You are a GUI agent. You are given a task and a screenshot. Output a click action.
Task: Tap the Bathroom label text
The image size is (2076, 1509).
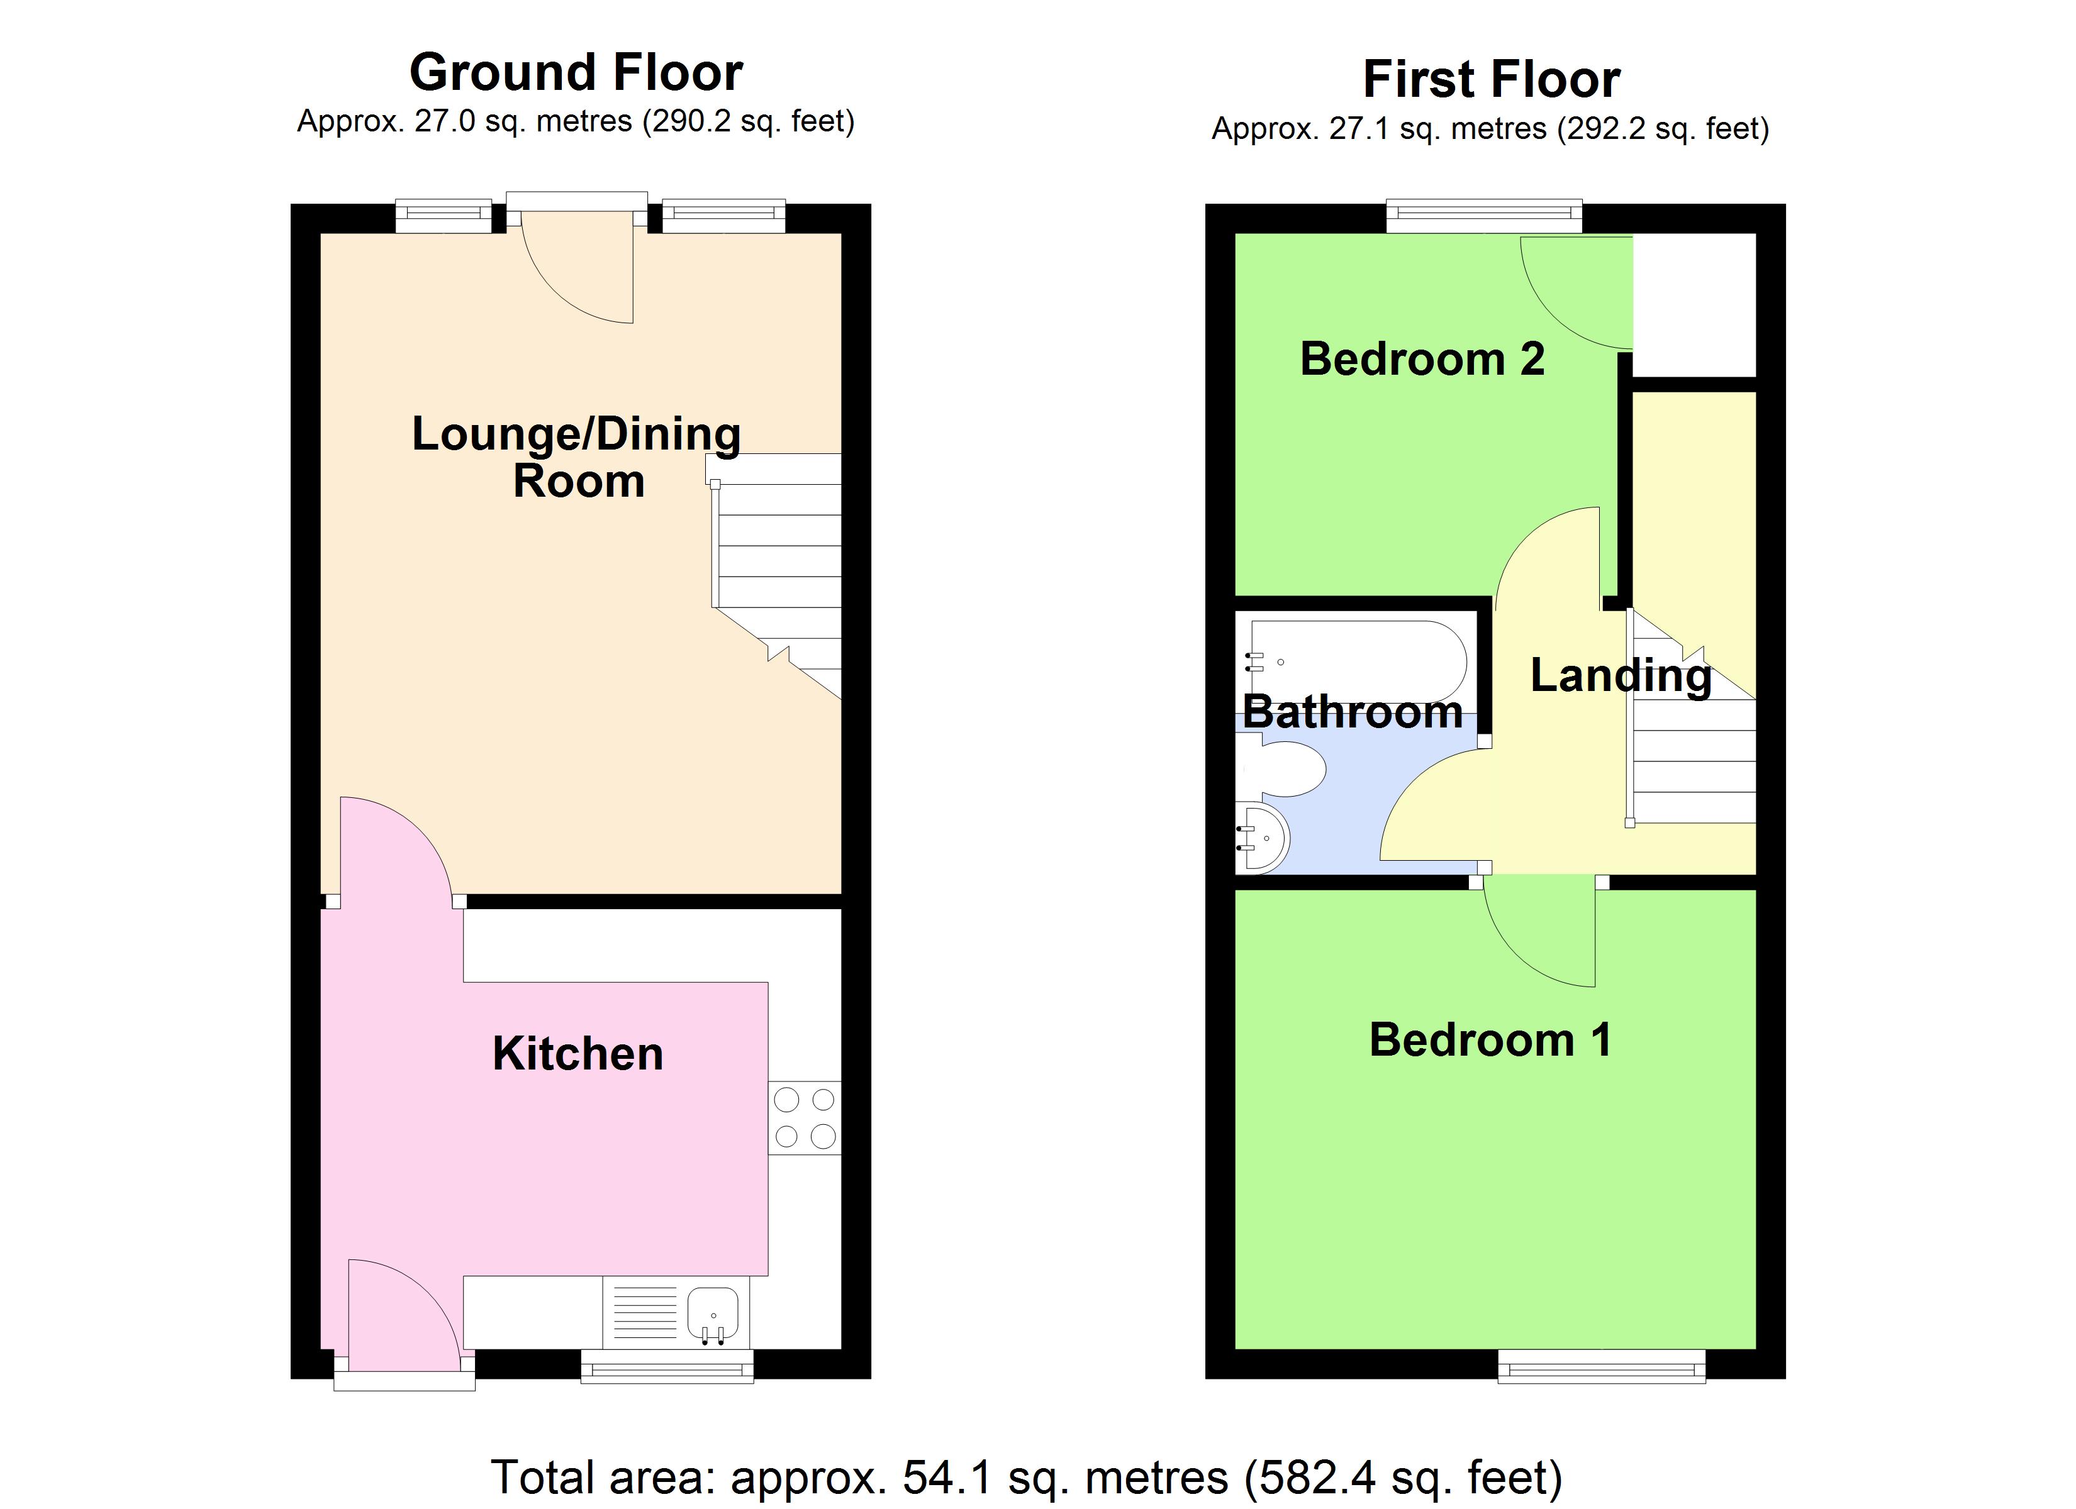[1353, 712]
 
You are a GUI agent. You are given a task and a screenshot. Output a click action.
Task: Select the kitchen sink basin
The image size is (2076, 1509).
[713, 1312]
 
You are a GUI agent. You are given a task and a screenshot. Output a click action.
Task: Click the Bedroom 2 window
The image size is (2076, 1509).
[1484, 215]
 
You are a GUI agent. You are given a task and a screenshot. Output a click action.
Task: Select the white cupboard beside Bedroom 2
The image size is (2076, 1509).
[1694, 305]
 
